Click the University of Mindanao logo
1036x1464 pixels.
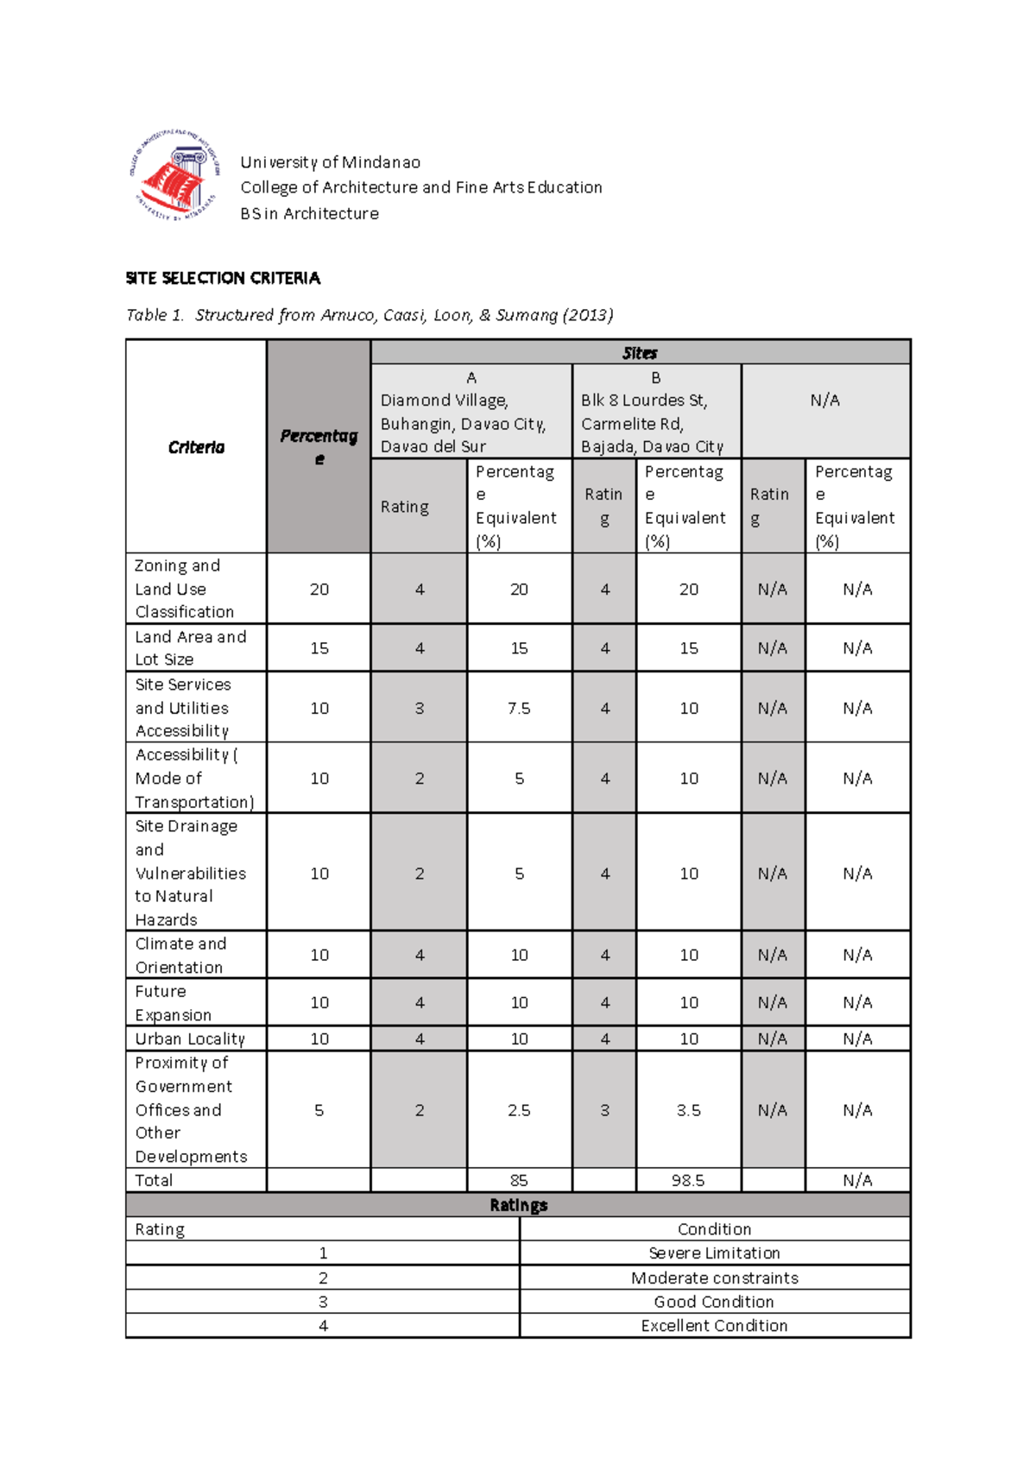pos(174,175)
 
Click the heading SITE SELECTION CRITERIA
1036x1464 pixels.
pos(223,278)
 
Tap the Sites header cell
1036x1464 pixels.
pos(640,352)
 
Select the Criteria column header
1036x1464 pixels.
pos(196,447)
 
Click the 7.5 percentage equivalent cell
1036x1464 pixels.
pos(519,708)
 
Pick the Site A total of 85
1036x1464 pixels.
pos(519,1180)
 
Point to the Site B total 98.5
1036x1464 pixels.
pos(688,1180)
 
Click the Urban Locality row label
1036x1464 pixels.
pos(190,1038)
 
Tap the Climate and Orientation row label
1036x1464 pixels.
pos(180,955)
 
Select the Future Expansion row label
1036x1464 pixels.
pos(173,1002)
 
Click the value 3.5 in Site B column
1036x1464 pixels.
pos(688,1110)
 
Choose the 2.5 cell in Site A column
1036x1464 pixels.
pos(519,1110)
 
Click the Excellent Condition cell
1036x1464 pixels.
pos(714,1325)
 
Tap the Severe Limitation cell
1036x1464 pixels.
pos(714,1253)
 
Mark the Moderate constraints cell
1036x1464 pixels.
pos(714,1278)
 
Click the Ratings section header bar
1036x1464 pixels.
pos(518,1205)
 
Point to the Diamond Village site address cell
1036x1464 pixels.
pos(471,412)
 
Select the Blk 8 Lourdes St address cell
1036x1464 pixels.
pos(656,412)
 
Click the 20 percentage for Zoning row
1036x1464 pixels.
pos(319,589)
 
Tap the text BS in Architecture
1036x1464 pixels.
pos(309,213)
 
